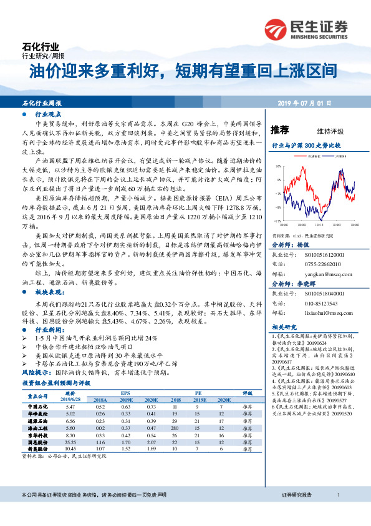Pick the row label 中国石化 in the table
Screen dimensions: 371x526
tap(39, 407)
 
